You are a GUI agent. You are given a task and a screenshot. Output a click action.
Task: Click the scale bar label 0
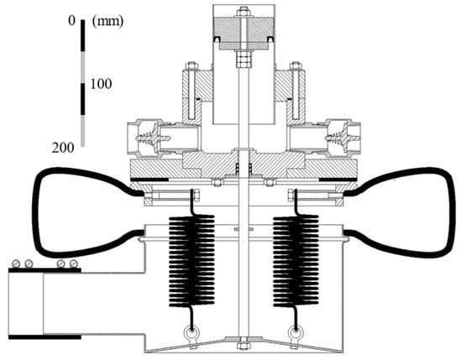72,21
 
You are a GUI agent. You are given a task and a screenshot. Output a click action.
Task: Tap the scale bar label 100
101,84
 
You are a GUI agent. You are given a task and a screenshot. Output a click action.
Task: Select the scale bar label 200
63,148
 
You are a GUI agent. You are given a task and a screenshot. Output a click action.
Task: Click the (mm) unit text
108,22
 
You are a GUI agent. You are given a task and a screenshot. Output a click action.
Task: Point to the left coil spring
192,260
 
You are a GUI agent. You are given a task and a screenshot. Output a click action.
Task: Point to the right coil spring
296,260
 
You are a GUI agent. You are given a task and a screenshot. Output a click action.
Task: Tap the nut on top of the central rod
244,13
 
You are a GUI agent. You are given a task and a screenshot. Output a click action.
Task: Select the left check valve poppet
151,138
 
